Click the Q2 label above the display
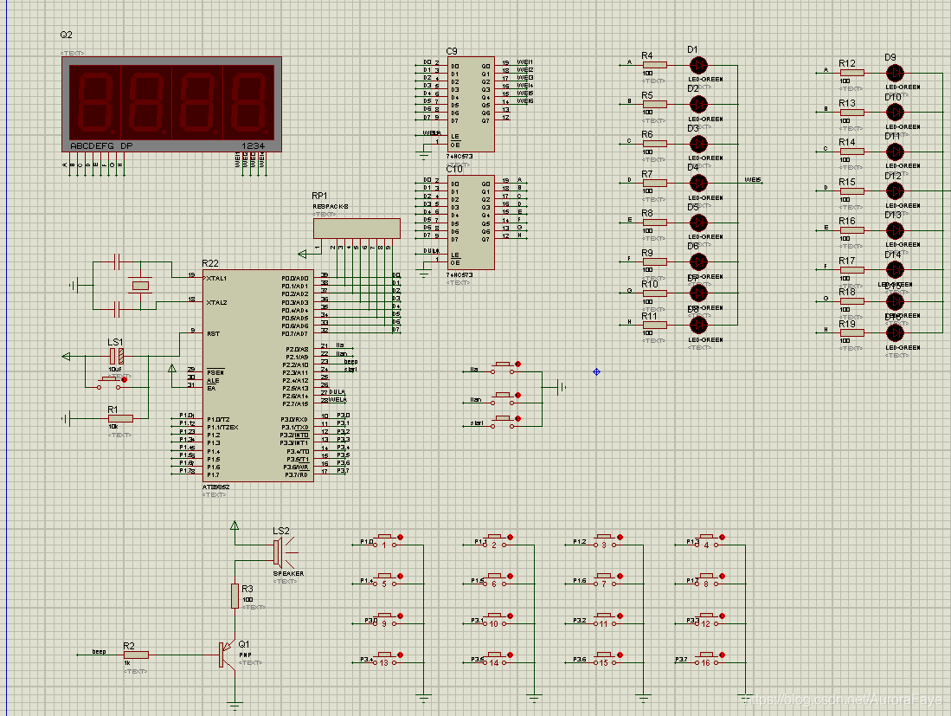pos(66,35)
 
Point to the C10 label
pos(454,168)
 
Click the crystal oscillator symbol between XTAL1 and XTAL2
pos(139,285)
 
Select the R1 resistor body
pos(120,418)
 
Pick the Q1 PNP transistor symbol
pos(227,654)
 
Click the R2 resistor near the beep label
pos(136,655)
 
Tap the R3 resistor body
pos(235,596)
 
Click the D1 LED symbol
pos(698,64)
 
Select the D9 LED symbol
pos(896,72)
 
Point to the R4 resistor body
pos(655,64)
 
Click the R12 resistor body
pos(852,72)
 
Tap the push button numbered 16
pos(707,661)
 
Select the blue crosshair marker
pos(596,371)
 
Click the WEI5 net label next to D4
pos(753,180)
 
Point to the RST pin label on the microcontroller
pos(214,332)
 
